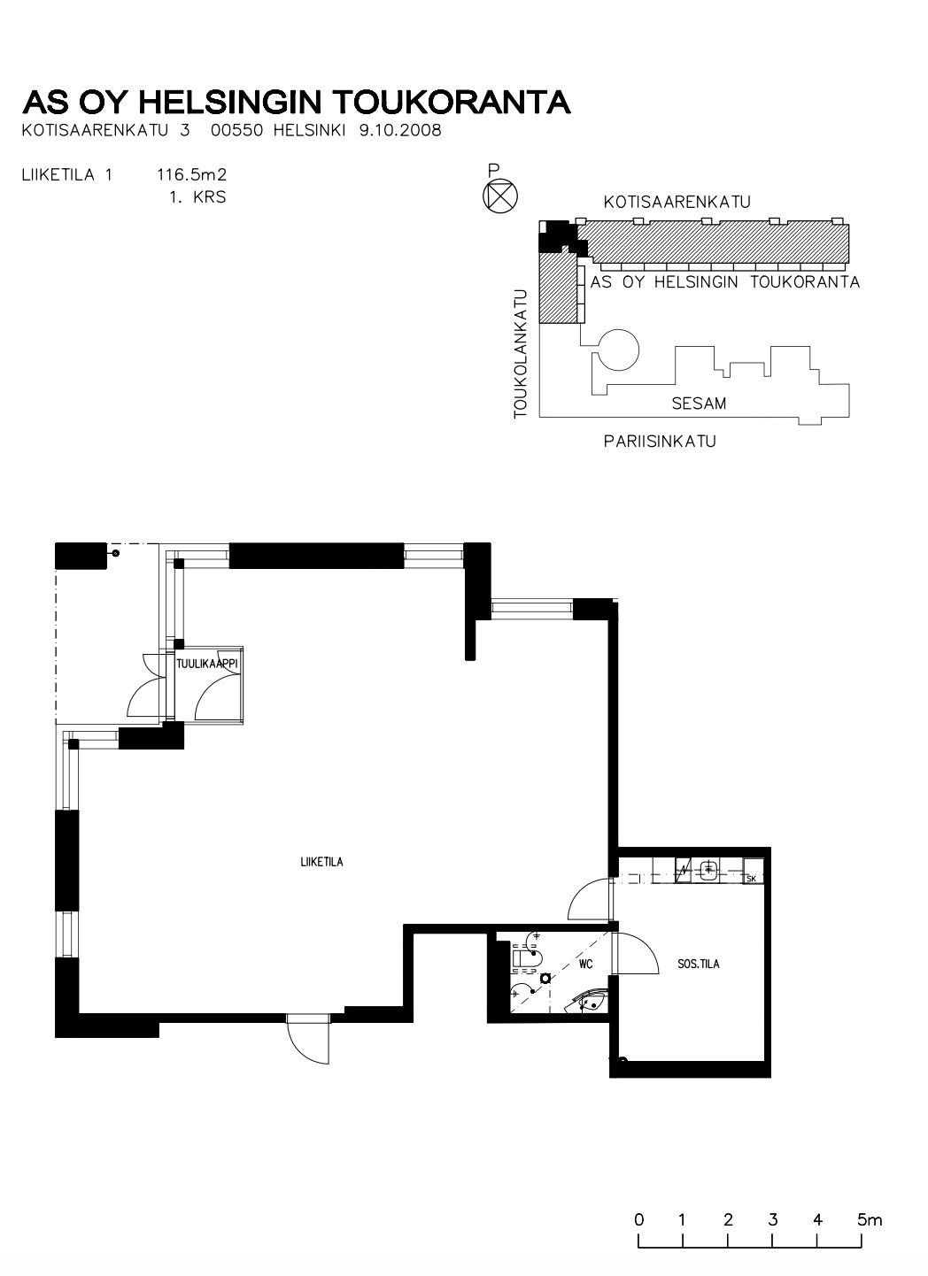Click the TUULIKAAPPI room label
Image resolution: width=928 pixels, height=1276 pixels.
206,664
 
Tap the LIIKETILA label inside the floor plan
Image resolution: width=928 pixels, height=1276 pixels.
321,862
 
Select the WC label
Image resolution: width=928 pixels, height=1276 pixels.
585,964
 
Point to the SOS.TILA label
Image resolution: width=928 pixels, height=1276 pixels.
699,964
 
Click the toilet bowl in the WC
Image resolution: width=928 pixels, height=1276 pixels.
525,957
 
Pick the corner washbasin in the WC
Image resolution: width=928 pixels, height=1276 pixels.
588,1002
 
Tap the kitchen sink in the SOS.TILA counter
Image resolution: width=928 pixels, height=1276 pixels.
708,870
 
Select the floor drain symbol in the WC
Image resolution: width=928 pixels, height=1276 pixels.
545,979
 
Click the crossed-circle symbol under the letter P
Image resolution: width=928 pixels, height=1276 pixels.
500,196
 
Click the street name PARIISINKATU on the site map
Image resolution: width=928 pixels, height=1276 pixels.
660,441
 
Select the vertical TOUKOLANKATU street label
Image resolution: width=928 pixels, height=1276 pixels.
521,354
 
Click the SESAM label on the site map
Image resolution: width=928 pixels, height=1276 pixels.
699,404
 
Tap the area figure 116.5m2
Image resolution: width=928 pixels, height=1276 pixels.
191,174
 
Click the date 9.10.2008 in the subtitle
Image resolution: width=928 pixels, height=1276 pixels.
400,130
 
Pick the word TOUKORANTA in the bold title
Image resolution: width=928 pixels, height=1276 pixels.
452,102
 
